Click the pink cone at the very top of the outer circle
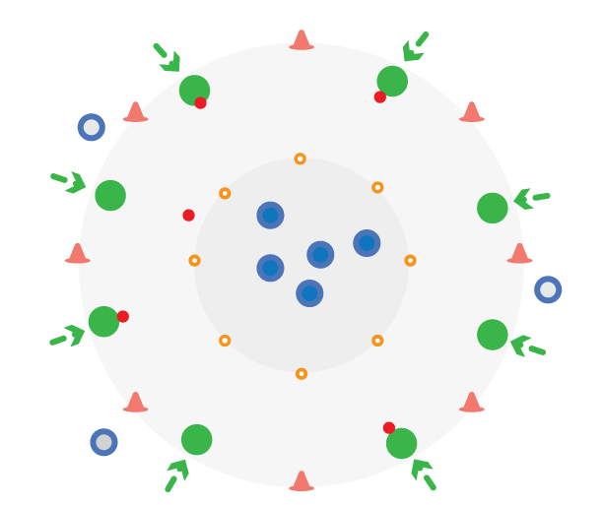click(x=301, y=40)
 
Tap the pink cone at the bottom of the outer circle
click(x=301, y=480)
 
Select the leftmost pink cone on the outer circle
click(x=77, y=254)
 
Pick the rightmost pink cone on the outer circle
click(x=519, y=254)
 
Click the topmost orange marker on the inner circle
click(x=301, y=158)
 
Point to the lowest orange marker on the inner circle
click(x=301, y=373)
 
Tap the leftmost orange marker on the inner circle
click(x=194, y=261)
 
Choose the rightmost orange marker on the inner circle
click(x=410, y=261)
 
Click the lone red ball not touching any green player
click(x=188, y=215)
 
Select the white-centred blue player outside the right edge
click(x=548, y=289)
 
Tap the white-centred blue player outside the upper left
click(x=92, y=127)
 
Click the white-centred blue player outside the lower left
click(x=103, y=442)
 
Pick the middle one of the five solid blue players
click(x=320, y=255)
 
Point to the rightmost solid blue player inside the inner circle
click(x=367, y=243)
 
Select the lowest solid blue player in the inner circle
click(x=309, y=293)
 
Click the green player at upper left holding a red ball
click(x=194, y=90)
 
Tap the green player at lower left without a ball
click(x=196, y=439)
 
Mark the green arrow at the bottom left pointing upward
click(x=175, y=474)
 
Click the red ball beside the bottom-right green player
click(x=389, y=427)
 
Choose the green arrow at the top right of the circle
click(x=414, y=48)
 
